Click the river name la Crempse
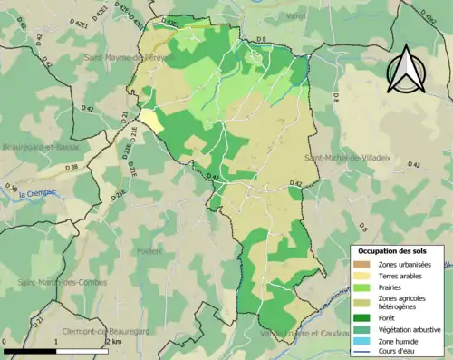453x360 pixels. pyautogui.click(x=42, y=191)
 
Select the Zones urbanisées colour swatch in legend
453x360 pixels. pyautogui.click(x=362, y=264)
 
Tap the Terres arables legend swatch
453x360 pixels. pyautogui.click(x=362, y=277)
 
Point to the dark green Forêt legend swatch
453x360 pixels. pyautogui.click(x=362, y=318)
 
